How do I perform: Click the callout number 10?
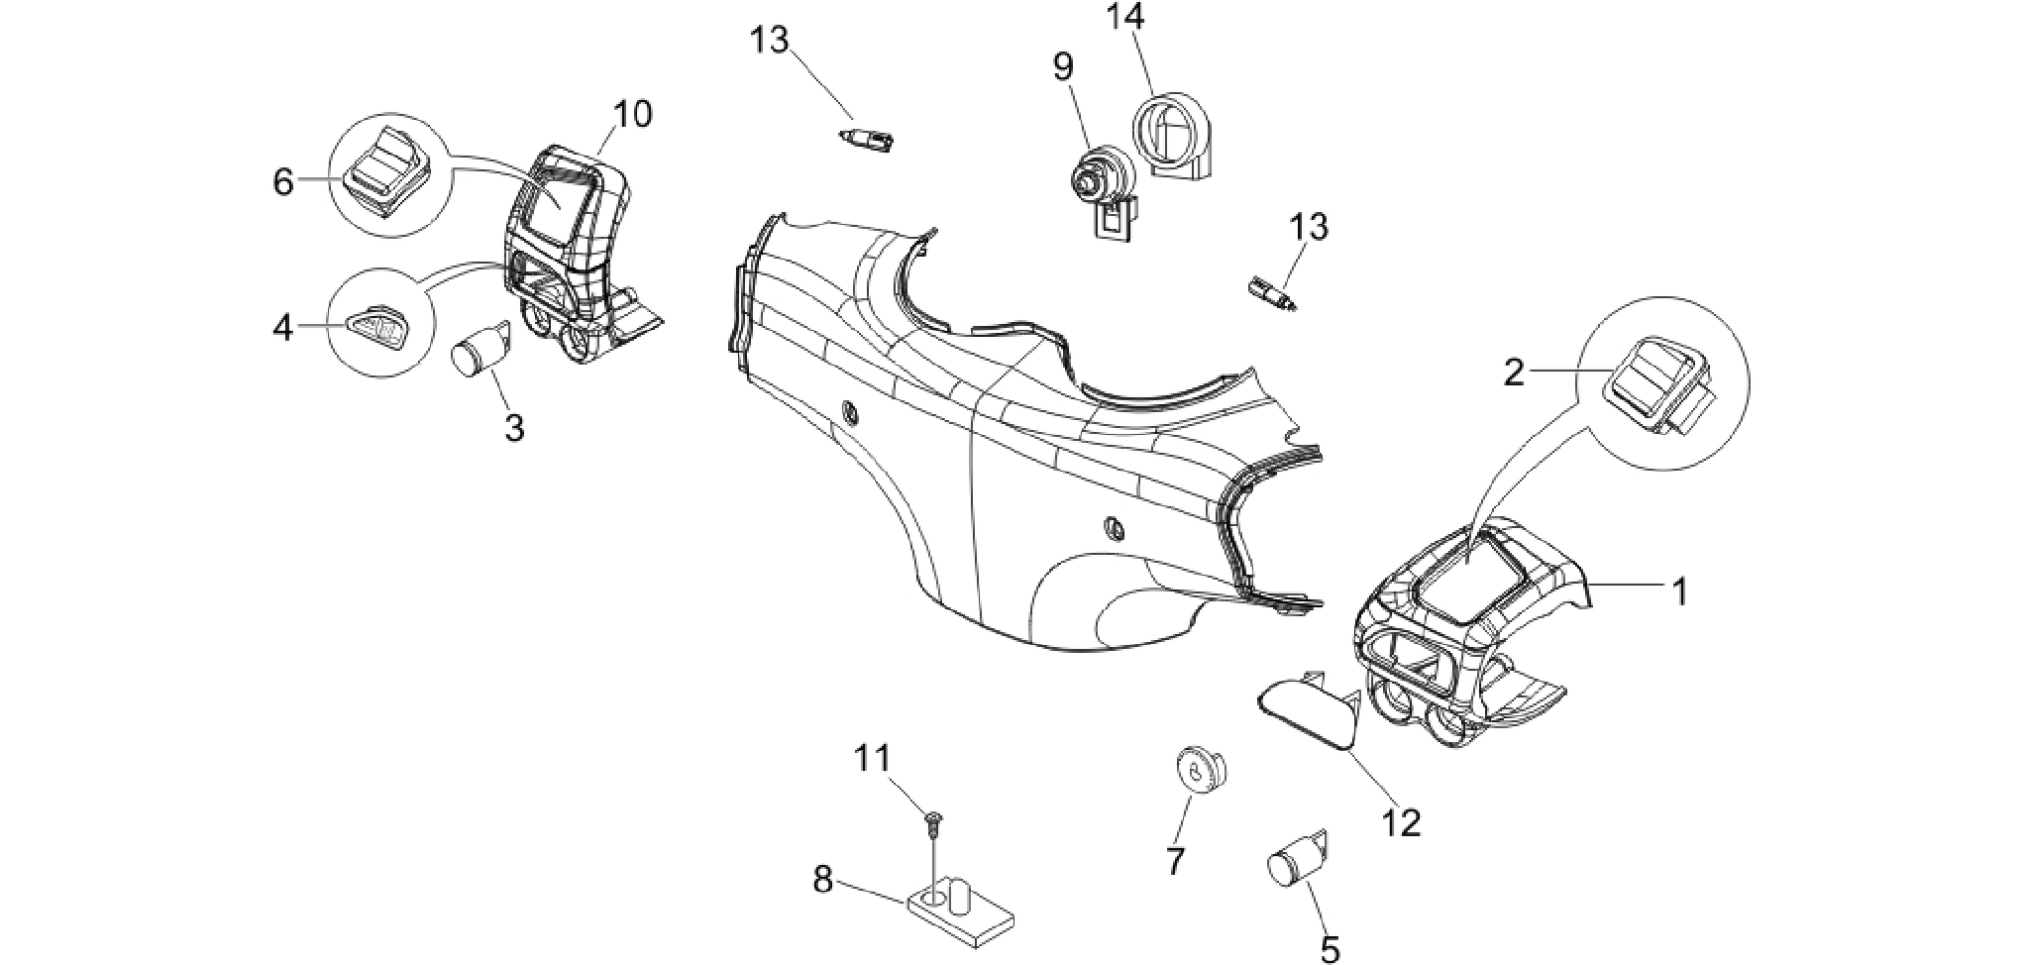pos(633,115)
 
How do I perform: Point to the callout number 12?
pos(1402,821)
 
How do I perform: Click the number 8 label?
pos(823,879)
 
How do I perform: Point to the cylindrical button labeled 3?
pos(481,348)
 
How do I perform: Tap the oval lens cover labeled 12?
pos(1308,712)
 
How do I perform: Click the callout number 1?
pos(1679,592)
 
